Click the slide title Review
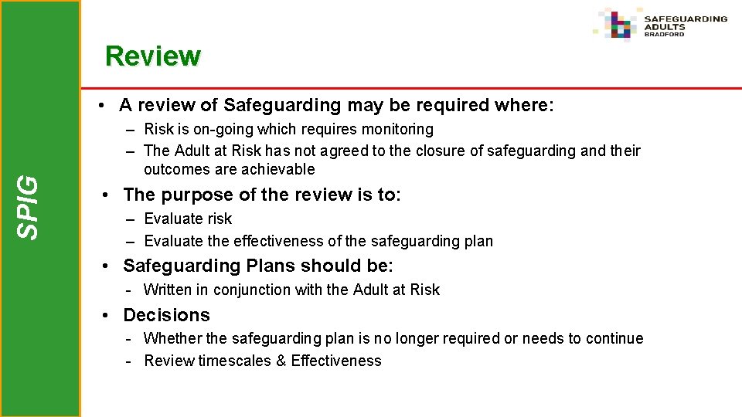pos(152,56)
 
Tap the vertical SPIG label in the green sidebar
pos(29,207)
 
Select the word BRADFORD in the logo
pos(665,34)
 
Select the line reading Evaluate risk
pos(188,219)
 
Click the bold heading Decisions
pos(166,315)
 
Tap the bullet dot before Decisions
pos(107,315)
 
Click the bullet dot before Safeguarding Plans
pos(107,266)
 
